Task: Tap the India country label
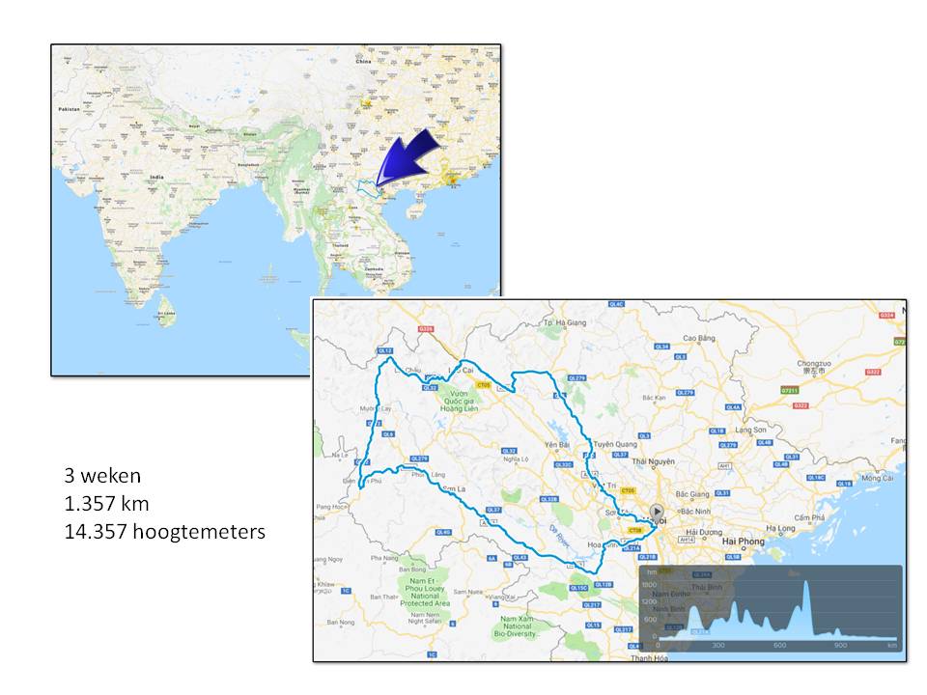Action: tap(155, 178)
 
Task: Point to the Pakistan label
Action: tap(68, 110)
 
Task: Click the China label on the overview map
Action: tap(363, 61)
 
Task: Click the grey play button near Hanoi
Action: tap(657, 512)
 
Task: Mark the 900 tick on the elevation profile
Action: tap(841, 646)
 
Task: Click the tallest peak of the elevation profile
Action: tap(805, 582)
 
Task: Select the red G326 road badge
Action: tap(424, 329)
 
